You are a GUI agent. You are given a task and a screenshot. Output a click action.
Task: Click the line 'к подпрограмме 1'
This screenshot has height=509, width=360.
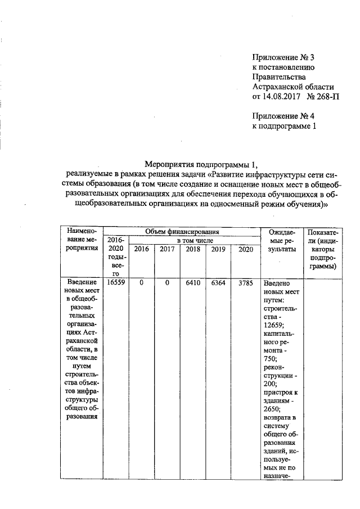click(284, 127)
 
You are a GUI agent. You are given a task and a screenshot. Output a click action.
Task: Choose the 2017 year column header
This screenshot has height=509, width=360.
click(167, 250)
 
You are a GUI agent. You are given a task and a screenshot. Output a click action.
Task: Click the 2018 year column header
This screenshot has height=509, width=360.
click(193, 250)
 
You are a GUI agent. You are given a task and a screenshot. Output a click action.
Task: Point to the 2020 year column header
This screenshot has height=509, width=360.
click(245, 250)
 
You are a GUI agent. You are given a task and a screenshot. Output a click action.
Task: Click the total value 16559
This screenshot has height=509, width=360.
click(115, 283)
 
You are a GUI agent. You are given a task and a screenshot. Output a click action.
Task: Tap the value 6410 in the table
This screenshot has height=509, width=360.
click(193, 283)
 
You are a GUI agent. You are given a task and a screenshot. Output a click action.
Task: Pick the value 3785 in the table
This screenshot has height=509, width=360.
click(245, 283)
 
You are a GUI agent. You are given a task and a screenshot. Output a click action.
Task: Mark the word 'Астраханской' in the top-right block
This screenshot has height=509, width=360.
click(293, 87)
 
